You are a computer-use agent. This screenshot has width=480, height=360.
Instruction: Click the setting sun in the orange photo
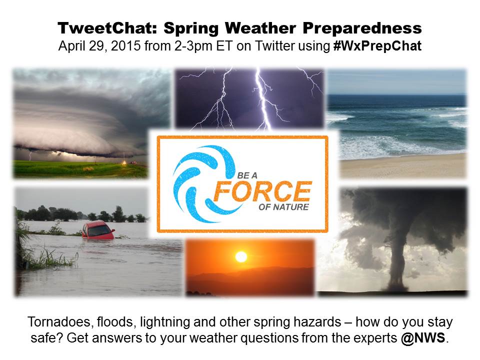tap(241, 257)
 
